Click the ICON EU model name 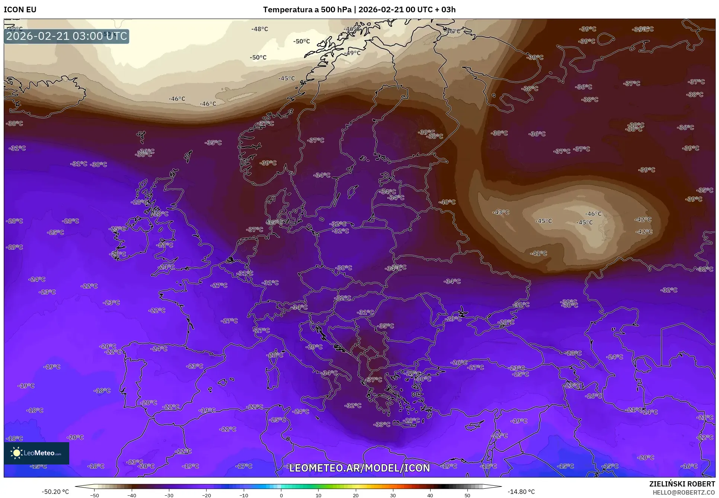[20, 10]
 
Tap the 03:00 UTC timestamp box [67, 36]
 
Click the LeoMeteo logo [36, 453]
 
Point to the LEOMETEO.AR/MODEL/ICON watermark [359, 468]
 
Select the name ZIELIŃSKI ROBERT [682, 484]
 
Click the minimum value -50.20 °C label [55, 492]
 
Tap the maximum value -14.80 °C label [521, 492]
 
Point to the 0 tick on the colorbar [281, 495]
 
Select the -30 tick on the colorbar [169, 495]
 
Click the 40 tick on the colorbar [430, 495]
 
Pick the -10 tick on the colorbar [243, 495]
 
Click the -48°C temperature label [259, 29]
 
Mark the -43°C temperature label [501, 212]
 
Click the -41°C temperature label [539, 253]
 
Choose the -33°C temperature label [382, 424]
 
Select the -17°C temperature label [244, 466]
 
